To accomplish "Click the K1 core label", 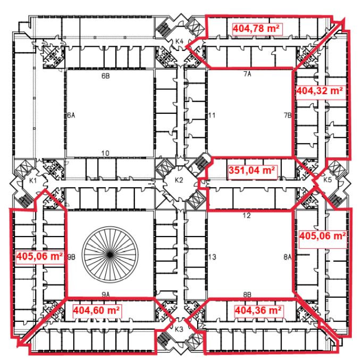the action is (32, 180).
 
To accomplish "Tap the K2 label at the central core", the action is (179, 180).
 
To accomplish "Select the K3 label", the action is (179, 329).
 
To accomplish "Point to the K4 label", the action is (179, 41).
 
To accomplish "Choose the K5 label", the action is (327, 180).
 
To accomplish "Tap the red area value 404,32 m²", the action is (319, 90).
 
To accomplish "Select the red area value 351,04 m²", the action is (252, 170).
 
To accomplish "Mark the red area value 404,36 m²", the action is (258, 310).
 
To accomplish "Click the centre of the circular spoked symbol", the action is (110, 255).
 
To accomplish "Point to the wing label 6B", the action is (106, 76).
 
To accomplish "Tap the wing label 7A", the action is (247, 74).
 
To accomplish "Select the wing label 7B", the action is (288, 115).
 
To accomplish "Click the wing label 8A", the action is (288, 257).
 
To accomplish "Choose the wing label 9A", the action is (106, 295).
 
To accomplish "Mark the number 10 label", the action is (105, 153).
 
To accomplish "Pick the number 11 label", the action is (212, 115).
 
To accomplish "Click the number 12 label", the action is (247, 215).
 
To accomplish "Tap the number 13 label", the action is (212, 257).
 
